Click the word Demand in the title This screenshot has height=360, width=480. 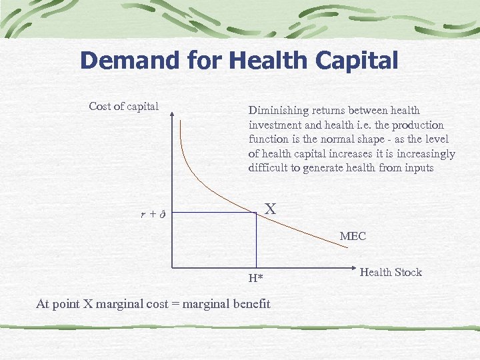[x=129, y=61]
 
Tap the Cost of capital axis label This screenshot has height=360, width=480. [x=124, y=107]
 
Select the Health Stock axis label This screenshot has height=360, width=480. [x=391, y=272]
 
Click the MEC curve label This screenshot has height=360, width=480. [x=353, y=236]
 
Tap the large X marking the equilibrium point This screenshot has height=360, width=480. [x=270, y=209]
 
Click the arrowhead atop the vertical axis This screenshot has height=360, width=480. [x=173, y=115]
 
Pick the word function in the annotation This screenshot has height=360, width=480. [x=269, y=139]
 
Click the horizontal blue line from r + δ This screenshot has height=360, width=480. [x=213, y=213]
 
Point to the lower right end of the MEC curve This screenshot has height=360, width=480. [x=346, y=248]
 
